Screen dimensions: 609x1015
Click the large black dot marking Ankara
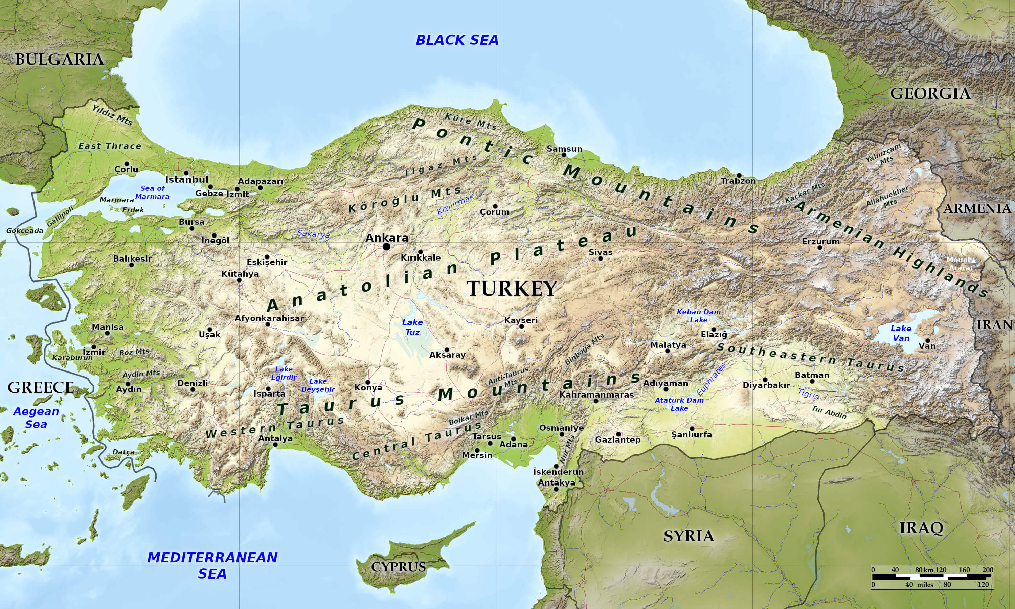[x=386, y=247]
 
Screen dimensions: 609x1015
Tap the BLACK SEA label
[x=457, y=40]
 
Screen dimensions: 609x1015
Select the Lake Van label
[x=901, y=333]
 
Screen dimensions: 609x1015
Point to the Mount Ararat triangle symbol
[x=974, y=260]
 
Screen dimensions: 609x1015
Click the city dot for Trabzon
[x=739, y=176]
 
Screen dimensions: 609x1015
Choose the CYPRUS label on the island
[x=398, y=567]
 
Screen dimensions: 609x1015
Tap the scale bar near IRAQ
[x=932, y=577]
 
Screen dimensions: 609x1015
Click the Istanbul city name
[x=187, y=180]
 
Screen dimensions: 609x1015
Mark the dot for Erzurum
[x=820, y=247]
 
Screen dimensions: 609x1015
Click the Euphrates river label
[x=711, y=380]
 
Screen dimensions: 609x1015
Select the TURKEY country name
[x=511, y=289]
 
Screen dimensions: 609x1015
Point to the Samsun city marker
[x=564, y=155]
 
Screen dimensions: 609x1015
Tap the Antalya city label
[x=275, y=438]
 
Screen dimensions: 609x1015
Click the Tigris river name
[x=808, y=394]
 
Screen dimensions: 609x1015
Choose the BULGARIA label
[x=60, y=60]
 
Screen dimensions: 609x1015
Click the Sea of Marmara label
[x=152, y=193]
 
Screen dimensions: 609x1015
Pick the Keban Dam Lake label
[x=698, y=316]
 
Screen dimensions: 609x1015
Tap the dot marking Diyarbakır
[x=765, y=380]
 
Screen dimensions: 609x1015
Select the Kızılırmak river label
[x=455, y=204]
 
